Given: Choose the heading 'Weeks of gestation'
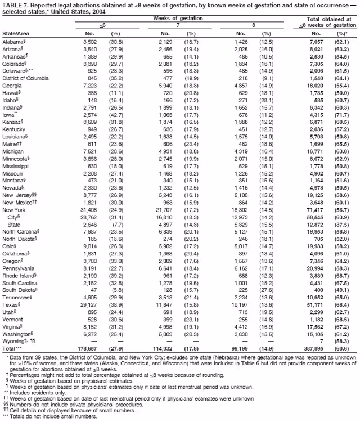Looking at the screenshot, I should (x=179, y=19).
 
